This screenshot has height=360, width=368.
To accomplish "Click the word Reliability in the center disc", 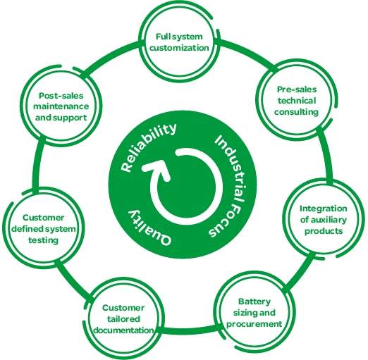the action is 149,147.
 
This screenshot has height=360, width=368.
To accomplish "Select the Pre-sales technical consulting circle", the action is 296,101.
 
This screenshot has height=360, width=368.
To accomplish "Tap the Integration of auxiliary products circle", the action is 323,220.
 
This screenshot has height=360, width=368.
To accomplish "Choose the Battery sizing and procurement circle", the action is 254,313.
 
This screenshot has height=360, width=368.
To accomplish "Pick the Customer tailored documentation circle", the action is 123,319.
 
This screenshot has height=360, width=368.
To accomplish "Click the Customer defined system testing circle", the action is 44,229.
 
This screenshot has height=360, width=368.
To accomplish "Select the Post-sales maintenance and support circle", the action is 61,106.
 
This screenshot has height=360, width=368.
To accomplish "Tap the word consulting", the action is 296,112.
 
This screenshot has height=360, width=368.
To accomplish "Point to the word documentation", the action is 123,330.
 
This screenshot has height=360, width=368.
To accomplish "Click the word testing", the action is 44,240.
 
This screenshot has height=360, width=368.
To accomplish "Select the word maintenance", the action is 61,106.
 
